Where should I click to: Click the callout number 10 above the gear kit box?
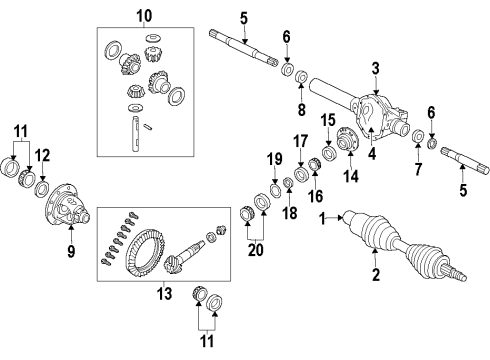click(144, 16)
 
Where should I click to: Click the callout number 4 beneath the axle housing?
click(371, 153)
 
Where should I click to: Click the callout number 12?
click(41, 156)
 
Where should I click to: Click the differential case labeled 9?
click(69, 210)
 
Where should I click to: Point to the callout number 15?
click(328, 122)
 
